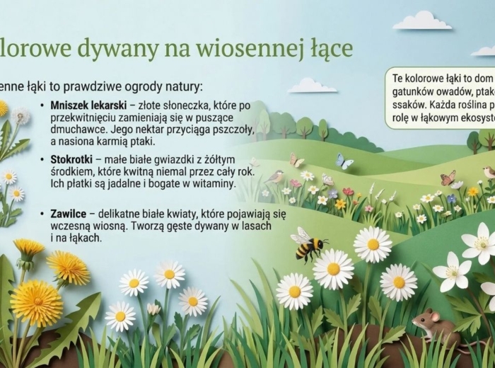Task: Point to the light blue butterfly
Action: point(344,161)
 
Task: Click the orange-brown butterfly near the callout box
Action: point(448,178)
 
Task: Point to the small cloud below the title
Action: point(312,86)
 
